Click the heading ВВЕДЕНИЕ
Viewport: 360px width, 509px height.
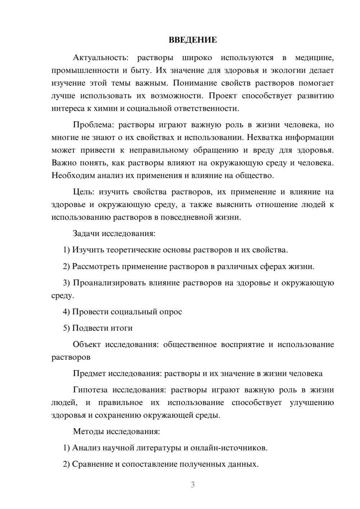[193, 40]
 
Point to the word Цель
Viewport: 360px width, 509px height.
[84, 192]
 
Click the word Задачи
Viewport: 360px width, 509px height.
[86, 234]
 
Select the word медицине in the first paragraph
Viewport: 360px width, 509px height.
[314, 58]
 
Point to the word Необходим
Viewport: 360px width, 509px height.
[73, 176]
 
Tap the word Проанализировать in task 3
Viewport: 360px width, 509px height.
[105, 283]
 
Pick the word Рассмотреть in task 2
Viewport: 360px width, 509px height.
[96, 266]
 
